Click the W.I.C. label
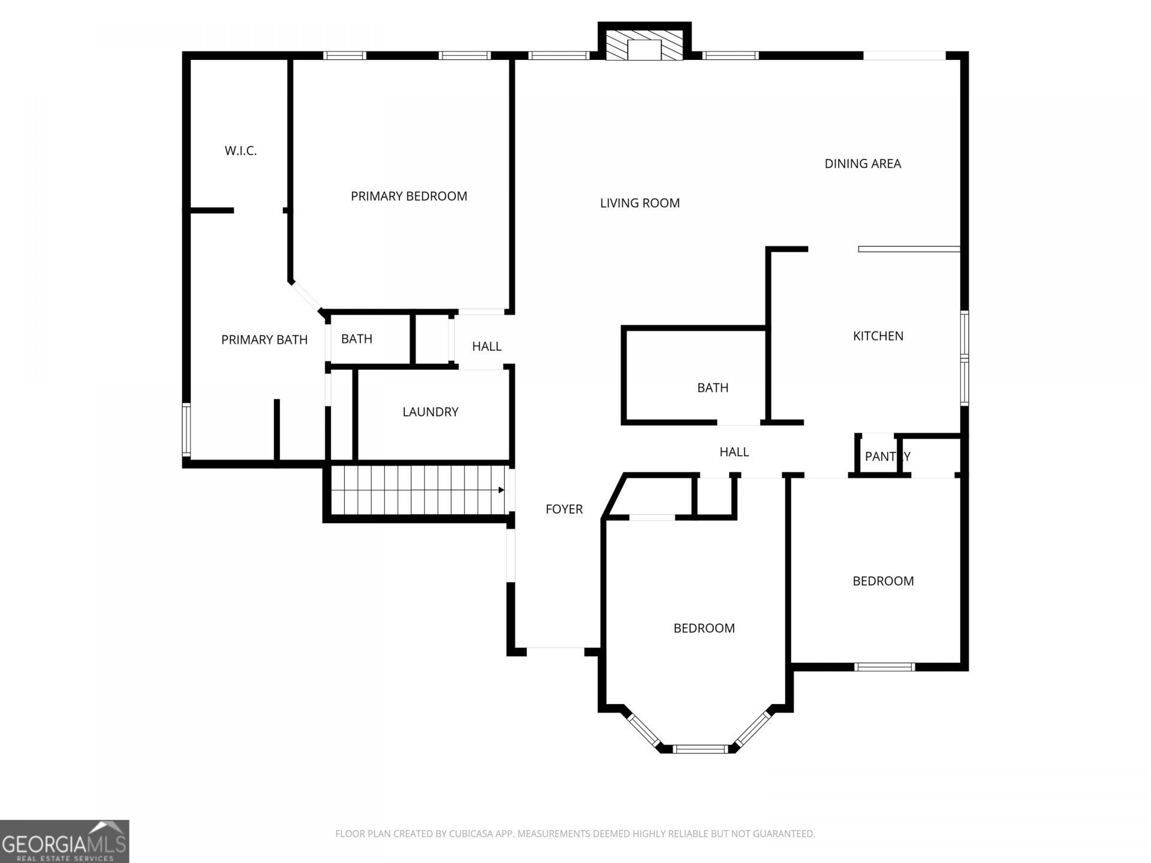[240, 151]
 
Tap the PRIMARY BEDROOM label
[409, 196]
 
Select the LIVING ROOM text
[640, 203]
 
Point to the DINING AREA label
[863, 164]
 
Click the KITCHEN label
[878, 336]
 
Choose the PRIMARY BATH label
[264, 340]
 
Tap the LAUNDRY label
[430, 412]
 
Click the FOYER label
[564, 509]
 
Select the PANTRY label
[888, 457]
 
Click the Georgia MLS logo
[64, 841]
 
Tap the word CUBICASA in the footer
[472, 834]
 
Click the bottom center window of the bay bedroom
[700, 749]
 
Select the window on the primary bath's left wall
[186, 430]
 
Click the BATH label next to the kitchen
[713, 388]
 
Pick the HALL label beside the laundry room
[487, 346]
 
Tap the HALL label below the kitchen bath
[734, 452]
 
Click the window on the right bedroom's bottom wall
[885, 666]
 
